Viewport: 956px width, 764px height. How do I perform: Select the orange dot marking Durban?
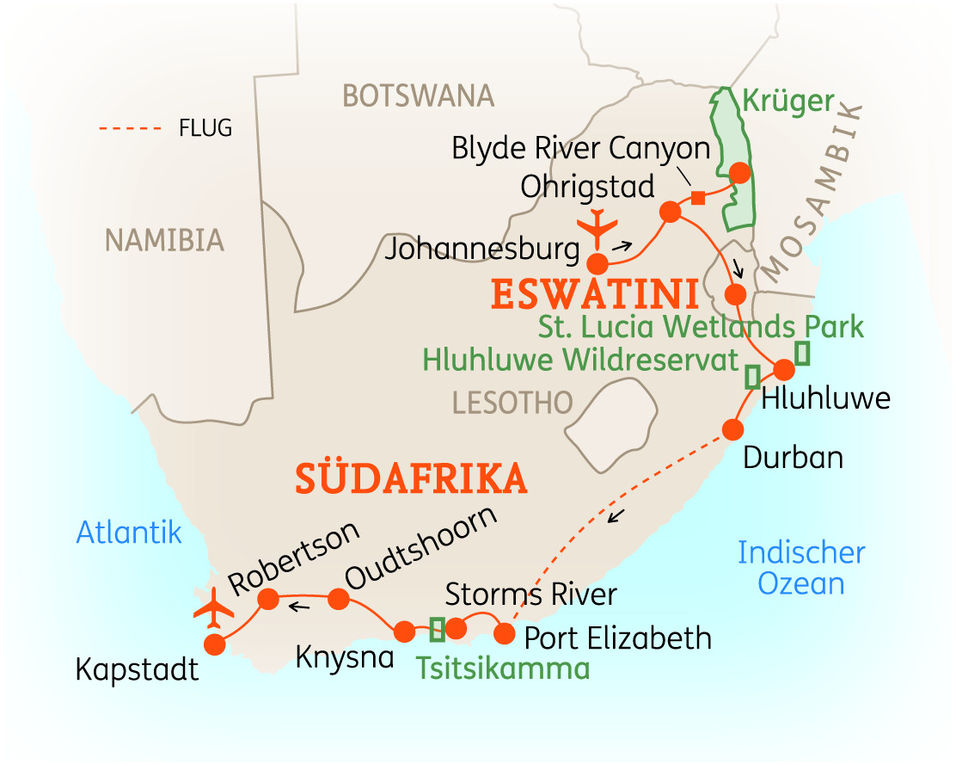pyautogui.click(x=732, y=428)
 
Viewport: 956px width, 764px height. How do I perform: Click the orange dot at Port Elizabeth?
pyautogui.click(x=506, y=635)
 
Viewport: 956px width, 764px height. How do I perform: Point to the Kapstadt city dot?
pyautogui.click(x=214, y=644)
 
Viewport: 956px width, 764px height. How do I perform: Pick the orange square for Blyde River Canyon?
pyautogui.click(x=698, y=199)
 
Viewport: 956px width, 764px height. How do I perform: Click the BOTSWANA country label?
pyautogui.click(x=419, y=95)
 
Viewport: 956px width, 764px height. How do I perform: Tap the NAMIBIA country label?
pyautogui.click(x=164, y=240)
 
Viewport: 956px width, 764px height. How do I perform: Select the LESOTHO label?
pyautogui.click(x=512, y=402)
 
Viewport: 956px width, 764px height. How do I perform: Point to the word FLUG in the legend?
pyautogui.click(x=205, y=129)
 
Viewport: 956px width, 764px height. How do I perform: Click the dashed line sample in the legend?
pyautogui.click(x=130, y=129)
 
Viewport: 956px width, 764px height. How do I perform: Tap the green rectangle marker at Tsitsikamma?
pyautogui.click(x=438, y=630)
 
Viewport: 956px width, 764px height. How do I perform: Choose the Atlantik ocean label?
pyautogui.click(x=129, y=533)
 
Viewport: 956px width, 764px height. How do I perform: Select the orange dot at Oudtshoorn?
pyautogui.click(x=338, y=600)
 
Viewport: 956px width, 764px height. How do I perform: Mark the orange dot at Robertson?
pyautogui.click(x=269, y=598)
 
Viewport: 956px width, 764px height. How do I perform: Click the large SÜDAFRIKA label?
pyautogui.click(x=411, y=478)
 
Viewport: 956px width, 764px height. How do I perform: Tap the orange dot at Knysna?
pyautogui.click(x=404, y=632)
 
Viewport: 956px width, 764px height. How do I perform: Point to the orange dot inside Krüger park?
pyautogui.click(x=738, y=172)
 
